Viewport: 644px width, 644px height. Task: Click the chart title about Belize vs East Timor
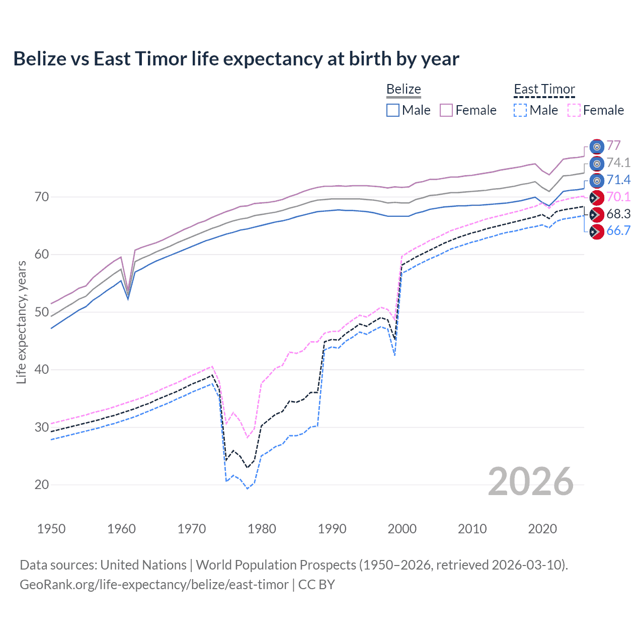tap(236, 59)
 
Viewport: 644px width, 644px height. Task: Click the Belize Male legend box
tap(393, 110)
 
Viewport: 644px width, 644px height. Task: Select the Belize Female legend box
tap(446, 110)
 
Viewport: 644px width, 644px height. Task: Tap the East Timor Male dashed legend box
tap(520, 110)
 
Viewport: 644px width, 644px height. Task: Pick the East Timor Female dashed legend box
tap(574, 110)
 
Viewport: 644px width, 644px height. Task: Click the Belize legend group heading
tap(404, 89)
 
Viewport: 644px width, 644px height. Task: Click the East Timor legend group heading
tap(544, 89)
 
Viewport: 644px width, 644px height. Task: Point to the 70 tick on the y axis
tap(42, 197)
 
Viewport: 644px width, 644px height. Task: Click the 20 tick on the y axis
tap(42, 485)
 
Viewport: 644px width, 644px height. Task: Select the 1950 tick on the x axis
tap(51, 529)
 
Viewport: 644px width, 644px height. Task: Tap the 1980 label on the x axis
tap(262, 529)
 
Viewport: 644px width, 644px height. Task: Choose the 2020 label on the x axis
tap(542, 529)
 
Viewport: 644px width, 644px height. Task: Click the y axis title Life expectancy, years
tap(21, 322)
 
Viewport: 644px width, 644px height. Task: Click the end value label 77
tap(613, 145)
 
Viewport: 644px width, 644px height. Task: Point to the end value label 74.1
tap(618, 163)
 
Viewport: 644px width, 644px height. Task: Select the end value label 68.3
tap(618, 214)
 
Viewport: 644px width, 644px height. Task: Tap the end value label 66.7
tap(618, 231)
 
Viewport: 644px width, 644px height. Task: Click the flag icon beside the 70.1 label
tap(596, 197)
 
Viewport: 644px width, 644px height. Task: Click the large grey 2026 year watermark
tap(530, 481)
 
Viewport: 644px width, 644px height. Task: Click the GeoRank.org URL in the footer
tap(154, 585)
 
